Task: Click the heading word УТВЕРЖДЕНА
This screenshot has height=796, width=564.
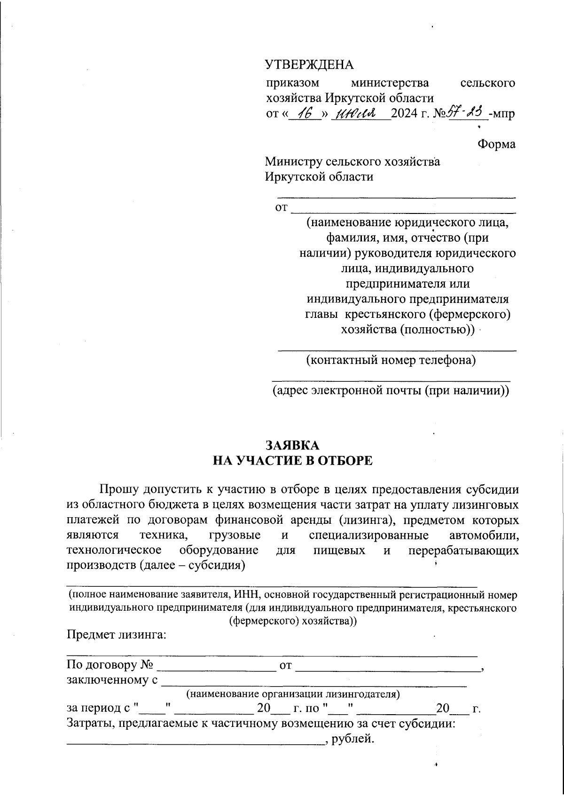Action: pyautogui.click(x=309, y=64)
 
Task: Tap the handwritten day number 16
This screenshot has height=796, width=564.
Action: pyautogui.click(x=305, y=113)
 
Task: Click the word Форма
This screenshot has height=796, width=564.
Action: pyautogui.click(x=496, y=144)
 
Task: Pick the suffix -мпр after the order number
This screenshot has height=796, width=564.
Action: pyautogui.click(x=502, y=114)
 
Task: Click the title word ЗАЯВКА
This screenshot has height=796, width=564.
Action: pyautogui.click(x=292, y=445)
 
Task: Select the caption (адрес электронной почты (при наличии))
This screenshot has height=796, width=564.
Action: pyautogui.click(x=391, y=391)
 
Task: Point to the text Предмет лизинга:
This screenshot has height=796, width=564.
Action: pyautogui.click(x=117, y=635)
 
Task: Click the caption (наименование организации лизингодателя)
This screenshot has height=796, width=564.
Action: pyautogui.click(x=293, y=694)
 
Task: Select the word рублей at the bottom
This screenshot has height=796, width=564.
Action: pyautogui.click(x=352, y=740)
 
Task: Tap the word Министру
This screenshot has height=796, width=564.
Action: pyautogui.click(x=294, y=162)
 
